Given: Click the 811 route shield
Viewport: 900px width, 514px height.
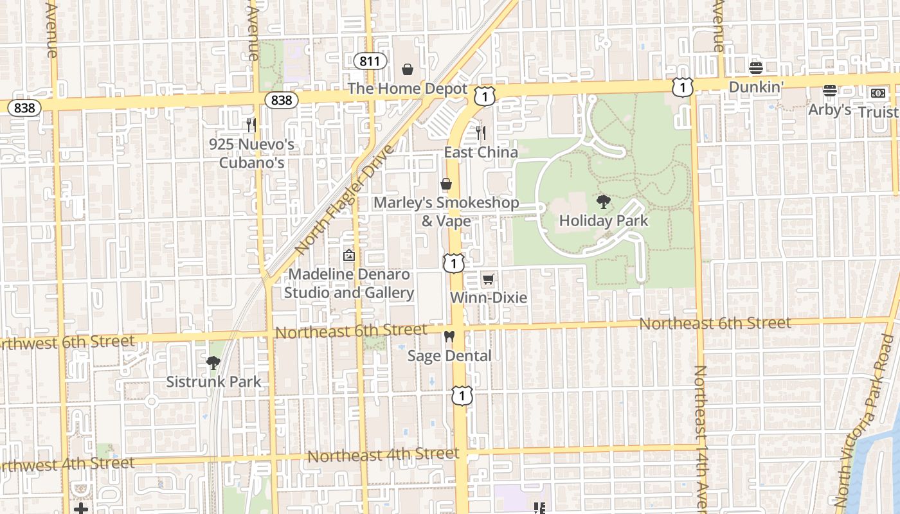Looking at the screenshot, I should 370,61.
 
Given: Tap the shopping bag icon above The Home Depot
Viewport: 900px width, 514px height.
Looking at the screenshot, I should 407,69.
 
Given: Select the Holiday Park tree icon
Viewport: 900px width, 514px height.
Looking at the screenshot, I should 603,202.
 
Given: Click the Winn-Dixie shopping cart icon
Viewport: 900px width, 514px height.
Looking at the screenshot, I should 488,279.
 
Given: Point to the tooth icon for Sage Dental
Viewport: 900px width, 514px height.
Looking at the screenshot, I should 449,337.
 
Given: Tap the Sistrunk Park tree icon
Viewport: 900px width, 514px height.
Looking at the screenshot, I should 213,363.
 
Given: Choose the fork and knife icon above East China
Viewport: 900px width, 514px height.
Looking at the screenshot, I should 481,133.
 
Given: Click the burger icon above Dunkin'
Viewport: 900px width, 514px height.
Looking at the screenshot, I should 756,67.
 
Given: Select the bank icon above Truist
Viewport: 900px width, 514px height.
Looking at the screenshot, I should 878,93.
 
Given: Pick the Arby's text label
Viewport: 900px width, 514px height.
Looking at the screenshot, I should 829,110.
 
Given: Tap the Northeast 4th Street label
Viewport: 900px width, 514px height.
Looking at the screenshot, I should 383,455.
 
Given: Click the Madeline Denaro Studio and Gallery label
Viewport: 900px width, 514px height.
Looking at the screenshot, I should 349,283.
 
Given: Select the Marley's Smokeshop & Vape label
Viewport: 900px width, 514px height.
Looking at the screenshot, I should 446,211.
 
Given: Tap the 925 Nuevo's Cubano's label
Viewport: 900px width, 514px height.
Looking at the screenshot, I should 252,153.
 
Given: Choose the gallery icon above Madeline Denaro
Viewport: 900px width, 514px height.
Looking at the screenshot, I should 349,256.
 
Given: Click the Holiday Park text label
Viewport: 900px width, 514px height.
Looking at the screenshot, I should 604,221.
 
